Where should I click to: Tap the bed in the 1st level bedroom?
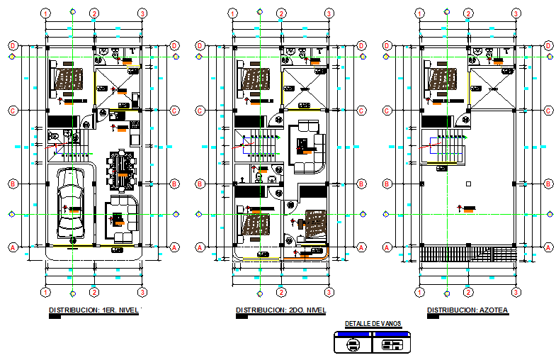click(68, 80)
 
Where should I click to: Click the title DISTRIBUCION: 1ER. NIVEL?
click(93, 310)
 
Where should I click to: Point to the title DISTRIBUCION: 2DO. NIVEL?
click(280, 310)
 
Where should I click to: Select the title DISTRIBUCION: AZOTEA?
click(467, 310)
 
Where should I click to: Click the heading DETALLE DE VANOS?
click(373, 324)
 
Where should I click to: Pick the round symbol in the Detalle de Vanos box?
click(352, 345)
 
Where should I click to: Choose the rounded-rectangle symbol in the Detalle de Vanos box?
click(392, 345)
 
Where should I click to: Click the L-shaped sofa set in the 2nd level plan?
click(307, 147)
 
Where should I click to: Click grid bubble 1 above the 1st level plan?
click(45, 13)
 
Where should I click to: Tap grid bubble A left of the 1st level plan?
click(13, 247)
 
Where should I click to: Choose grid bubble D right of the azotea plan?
click(549, 45)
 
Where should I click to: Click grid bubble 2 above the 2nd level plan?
click(281, 13)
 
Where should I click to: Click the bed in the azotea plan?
click(442, 80)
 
